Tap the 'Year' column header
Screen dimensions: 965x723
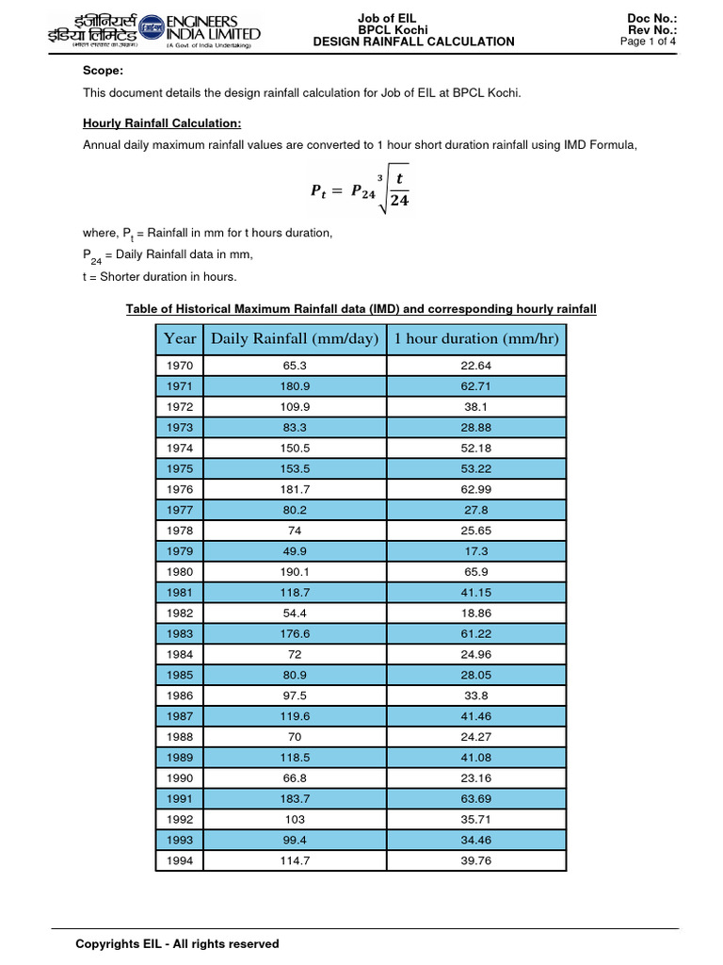click(x=180, y=338)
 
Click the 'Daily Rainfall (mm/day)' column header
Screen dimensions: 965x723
click(x=294, y=338)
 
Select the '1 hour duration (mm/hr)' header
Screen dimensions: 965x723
click(x=477, y=338)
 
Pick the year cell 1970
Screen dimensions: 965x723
click(x=179, y=365)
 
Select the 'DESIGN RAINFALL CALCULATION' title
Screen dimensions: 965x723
click(x=413, y=41)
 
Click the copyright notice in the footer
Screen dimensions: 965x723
click(x=177, y=943)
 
